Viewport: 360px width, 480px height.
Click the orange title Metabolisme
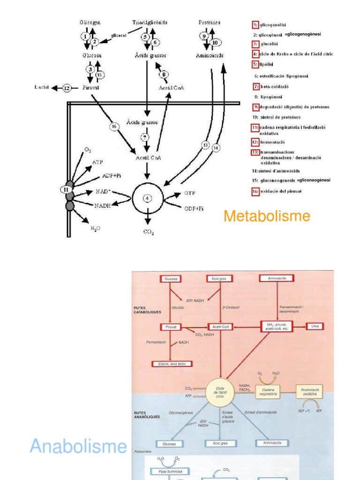pos(267,216)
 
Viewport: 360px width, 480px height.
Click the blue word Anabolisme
pos(78,446)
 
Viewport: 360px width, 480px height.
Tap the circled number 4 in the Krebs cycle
pos(147,198)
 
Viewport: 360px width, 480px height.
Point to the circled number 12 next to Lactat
pos(67,88)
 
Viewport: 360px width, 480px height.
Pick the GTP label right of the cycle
pos(190,193)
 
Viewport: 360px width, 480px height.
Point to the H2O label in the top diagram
pos(96,228)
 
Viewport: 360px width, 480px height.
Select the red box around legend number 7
pos(256,86)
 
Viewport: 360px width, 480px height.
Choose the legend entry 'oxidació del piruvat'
pos(281,191)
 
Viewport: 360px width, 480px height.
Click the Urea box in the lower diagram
pos(316,326)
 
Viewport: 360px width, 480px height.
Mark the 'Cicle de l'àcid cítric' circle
pos(220,392)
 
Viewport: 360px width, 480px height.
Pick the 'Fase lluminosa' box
pos(167,471)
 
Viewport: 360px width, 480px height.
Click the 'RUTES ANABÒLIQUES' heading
pos(147,415)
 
